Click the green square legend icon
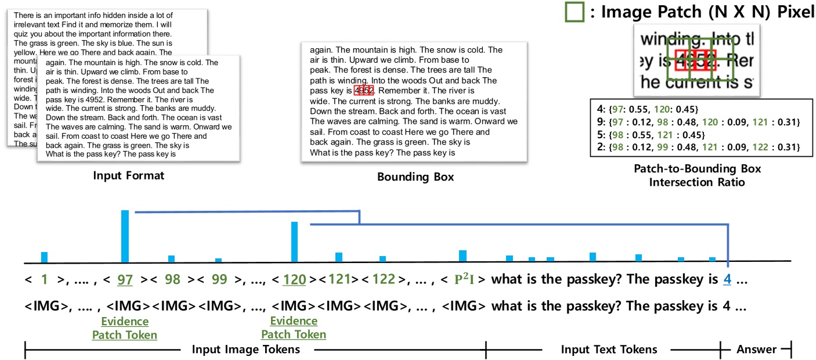[x=574, y=12]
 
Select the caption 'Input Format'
[x=129, y=175]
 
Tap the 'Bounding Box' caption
[x=416, y=177]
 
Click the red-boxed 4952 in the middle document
[x=364, y=91]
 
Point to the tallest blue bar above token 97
[x=125, y=236]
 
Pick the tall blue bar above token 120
[x=294, y=242]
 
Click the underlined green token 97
[x=125, y=279]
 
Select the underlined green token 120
[x=294, y=279]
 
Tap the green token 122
[x=384, y=279]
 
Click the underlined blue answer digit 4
[x=727, y=279]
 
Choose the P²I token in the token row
[x=464, y=279]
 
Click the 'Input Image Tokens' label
[x=246, y=349]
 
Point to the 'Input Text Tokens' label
[x=609, y=349]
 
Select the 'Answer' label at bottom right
[x=756, y=349]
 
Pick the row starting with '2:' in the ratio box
[x=695, y=147]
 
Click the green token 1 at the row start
[x=44, y=279]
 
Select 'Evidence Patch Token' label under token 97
[x=125, y=328]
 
